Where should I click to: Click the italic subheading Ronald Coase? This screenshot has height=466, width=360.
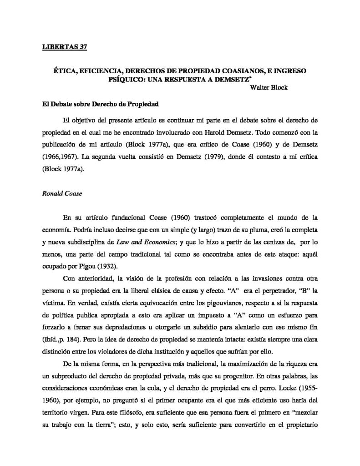(56, 192)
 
